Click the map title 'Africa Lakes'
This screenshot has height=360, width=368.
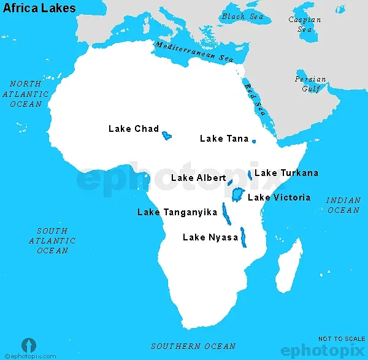(x=40, y=8)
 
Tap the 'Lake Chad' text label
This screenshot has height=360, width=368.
(x=133, y=129)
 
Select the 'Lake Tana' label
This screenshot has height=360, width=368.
(x=224, y=139)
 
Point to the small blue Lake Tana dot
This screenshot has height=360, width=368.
(x=254, y=141)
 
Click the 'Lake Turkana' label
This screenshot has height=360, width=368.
(x=286, y=173)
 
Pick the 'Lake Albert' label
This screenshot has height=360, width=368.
(x=198, y=178)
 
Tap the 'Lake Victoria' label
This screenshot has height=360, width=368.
(x=278, y=197)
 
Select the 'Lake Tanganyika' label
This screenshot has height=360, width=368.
(x=177, y=212)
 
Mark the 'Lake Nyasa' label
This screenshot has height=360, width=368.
(x=210, y=237)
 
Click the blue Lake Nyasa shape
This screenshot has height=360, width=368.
(x=243, y=237)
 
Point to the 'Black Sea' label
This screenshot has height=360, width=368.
(x=243, y=17)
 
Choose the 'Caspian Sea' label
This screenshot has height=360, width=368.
(x=304, y=25)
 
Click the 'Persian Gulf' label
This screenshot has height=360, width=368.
(x=310, y=84)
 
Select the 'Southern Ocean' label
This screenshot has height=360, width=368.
(x=193, y=347)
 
